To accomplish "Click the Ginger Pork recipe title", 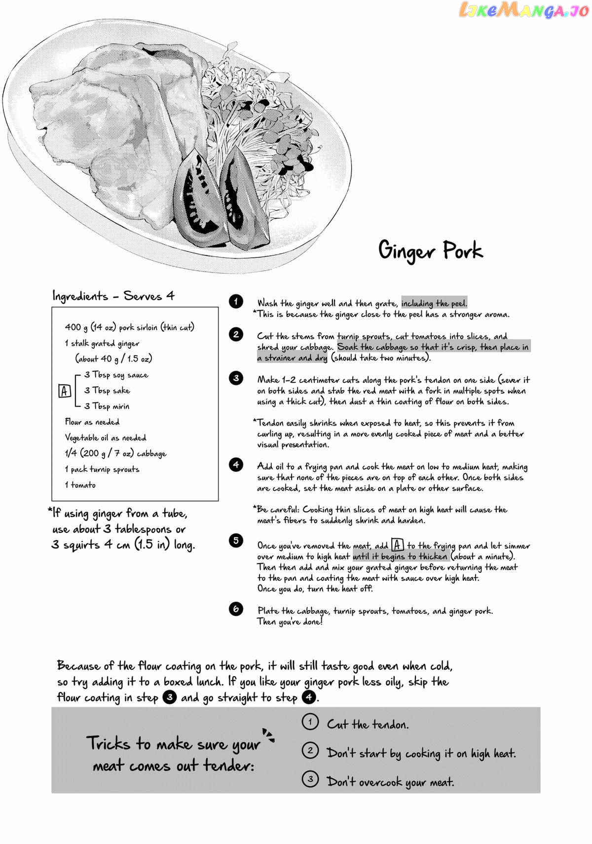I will tap(430, 250).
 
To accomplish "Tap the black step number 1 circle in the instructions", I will tap(236, 301).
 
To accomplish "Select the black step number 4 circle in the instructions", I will tap(236, 465).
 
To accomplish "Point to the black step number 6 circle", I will tap(236, 609).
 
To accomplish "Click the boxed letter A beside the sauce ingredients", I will tap(65, 391).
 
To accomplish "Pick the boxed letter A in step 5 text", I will tap(398, 545).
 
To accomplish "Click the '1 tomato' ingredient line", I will tap(80, 485).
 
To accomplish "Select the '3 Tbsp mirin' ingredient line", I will tap(107, 406).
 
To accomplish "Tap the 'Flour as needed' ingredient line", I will tap(92, 422).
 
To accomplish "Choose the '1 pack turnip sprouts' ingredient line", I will tap(102, 469).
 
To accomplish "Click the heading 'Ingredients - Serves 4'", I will tap(113, 296).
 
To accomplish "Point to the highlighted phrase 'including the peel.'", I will tap(434, 303).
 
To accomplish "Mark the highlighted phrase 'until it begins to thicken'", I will tap(400, 556).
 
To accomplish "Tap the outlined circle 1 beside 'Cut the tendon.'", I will tap(310, 723).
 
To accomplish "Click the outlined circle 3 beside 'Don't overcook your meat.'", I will tap(310, 780).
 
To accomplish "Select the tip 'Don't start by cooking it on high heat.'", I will tap(421, 753).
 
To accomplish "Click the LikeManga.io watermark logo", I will tap(524, 10).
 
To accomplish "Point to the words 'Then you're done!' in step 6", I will tap(290, 622).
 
